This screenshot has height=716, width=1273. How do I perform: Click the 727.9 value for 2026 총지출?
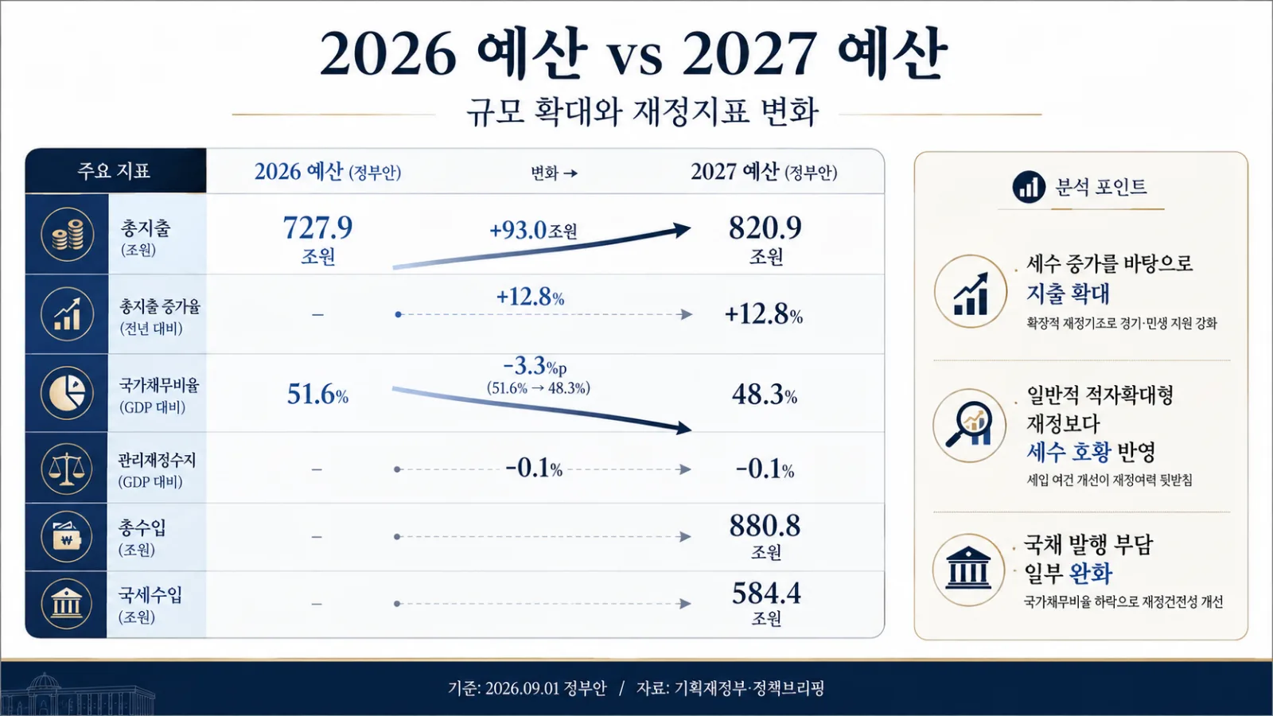(317, 228)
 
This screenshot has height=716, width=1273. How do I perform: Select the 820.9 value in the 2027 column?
(765, 228)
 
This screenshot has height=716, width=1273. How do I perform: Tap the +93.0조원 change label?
(533, 230)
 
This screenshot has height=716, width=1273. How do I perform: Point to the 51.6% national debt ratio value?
(317, 394)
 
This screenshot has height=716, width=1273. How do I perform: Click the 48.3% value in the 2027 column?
(765, 394)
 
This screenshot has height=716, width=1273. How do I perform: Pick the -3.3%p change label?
(535, 367)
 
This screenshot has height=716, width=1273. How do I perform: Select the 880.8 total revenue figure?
(765, 526)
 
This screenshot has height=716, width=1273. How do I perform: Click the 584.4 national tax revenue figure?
(766, 593)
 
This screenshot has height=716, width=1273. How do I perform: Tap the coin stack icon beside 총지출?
(67, 234)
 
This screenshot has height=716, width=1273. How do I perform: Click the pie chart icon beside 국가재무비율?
(67, 393)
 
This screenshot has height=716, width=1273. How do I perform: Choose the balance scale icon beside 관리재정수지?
(67, 469)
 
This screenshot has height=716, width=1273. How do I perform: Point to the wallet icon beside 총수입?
(67, 536)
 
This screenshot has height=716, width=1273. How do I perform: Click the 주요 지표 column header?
(114, 170)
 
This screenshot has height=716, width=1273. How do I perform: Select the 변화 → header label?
(554, 172)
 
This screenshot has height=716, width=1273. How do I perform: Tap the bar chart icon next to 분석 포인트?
(1029, 186)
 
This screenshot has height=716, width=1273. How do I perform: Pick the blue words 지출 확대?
(1067, 294)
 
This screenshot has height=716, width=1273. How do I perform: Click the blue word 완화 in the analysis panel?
(1091, 574)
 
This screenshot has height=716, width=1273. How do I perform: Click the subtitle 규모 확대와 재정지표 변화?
(641, 112)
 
